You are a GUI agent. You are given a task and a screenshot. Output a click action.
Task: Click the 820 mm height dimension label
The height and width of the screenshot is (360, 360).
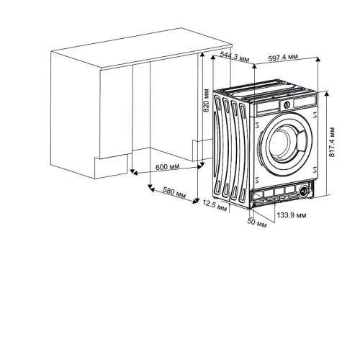pyautogui.click(x=206, y=100)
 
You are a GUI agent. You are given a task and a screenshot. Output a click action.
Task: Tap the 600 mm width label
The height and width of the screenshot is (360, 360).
pyautogui.click(x=167, y=166)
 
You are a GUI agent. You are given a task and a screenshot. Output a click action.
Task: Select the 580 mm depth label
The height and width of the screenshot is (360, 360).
pyautogui.click(x=174, y=192)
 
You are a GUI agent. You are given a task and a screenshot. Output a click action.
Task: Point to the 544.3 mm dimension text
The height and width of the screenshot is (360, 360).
pyautogui.click(x=235, y=56)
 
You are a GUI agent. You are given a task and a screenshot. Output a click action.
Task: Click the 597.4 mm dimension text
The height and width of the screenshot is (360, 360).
pyautogui.click(x=283, y=58)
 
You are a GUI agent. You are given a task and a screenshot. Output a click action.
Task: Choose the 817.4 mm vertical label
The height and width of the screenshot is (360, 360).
pyautogui.click(x=332, y=142)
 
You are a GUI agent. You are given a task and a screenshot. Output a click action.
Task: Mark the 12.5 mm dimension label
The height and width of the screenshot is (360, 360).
pyautogui.click(x=215, y=206)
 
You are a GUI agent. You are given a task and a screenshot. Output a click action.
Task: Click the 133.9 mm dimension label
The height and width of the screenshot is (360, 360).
pyautogui.click(x=292, y=215)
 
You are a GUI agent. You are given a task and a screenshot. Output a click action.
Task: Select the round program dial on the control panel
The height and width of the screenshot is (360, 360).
pyautogui.click(x=287, y=104)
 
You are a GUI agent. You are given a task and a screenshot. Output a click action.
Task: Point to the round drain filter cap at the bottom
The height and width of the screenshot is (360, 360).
pyautogui.click(x=304, y=191)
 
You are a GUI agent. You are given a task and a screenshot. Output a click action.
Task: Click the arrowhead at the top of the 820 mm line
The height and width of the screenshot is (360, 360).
pyautogui.click(x=202, y=55)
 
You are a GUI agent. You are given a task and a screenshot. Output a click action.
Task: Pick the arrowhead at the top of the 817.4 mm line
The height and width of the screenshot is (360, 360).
pyautogui.click(x=326, y=94)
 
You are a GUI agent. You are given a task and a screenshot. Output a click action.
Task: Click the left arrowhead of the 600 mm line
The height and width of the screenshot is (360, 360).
pyautogui.click(x=135, y=173)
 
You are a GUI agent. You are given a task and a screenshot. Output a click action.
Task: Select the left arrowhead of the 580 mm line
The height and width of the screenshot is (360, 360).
pyautogui.click(x=152, y=189)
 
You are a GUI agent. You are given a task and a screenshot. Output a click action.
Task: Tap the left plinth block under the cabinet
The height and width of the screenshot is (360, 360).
pyautogui.click(x=111, y=166)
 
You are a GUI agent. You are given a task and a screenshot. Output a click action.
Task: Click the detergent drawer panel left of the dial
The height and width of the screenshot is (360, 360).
pyautogui.click(x=268, y=107)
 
